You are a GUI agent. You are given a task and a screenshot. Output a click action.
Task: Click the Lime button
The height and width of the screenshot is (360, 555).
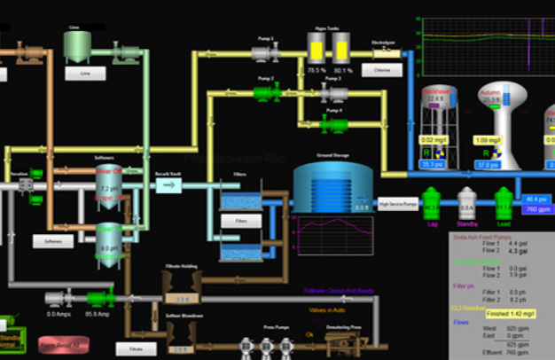pos(85,74)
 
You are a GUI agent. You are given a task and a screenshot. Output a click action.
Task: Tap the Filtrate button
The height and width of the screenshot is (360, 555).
pos(136,349)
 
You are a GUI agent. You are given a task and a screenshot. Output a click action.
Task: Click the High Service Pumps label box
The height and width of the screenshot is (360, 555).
pos(397,206)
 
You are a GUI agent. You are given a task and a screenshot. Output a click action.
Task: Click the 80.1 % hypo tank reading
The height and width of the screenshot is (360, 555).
pos(344,68)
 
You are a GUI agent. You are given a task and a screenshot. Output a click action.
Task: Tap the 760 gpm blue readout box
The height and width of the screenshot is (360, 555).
pos(538,210)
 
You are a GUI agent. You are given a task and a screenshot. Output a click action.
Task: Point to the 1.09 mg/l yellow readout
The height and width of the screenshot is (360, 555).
pos(487,140)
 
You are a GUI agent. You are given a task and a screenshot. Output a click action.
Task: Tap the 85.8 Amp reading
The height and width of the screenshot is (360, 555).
pos(97,315)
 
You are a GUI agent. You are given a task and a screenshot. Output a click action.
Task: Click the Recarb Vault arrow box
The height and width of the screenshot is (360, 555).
pos(168,184)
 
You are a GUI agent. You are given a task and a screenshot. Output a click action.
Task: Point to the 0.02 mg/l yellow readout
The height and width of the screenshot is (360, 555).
pos(434,140)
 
